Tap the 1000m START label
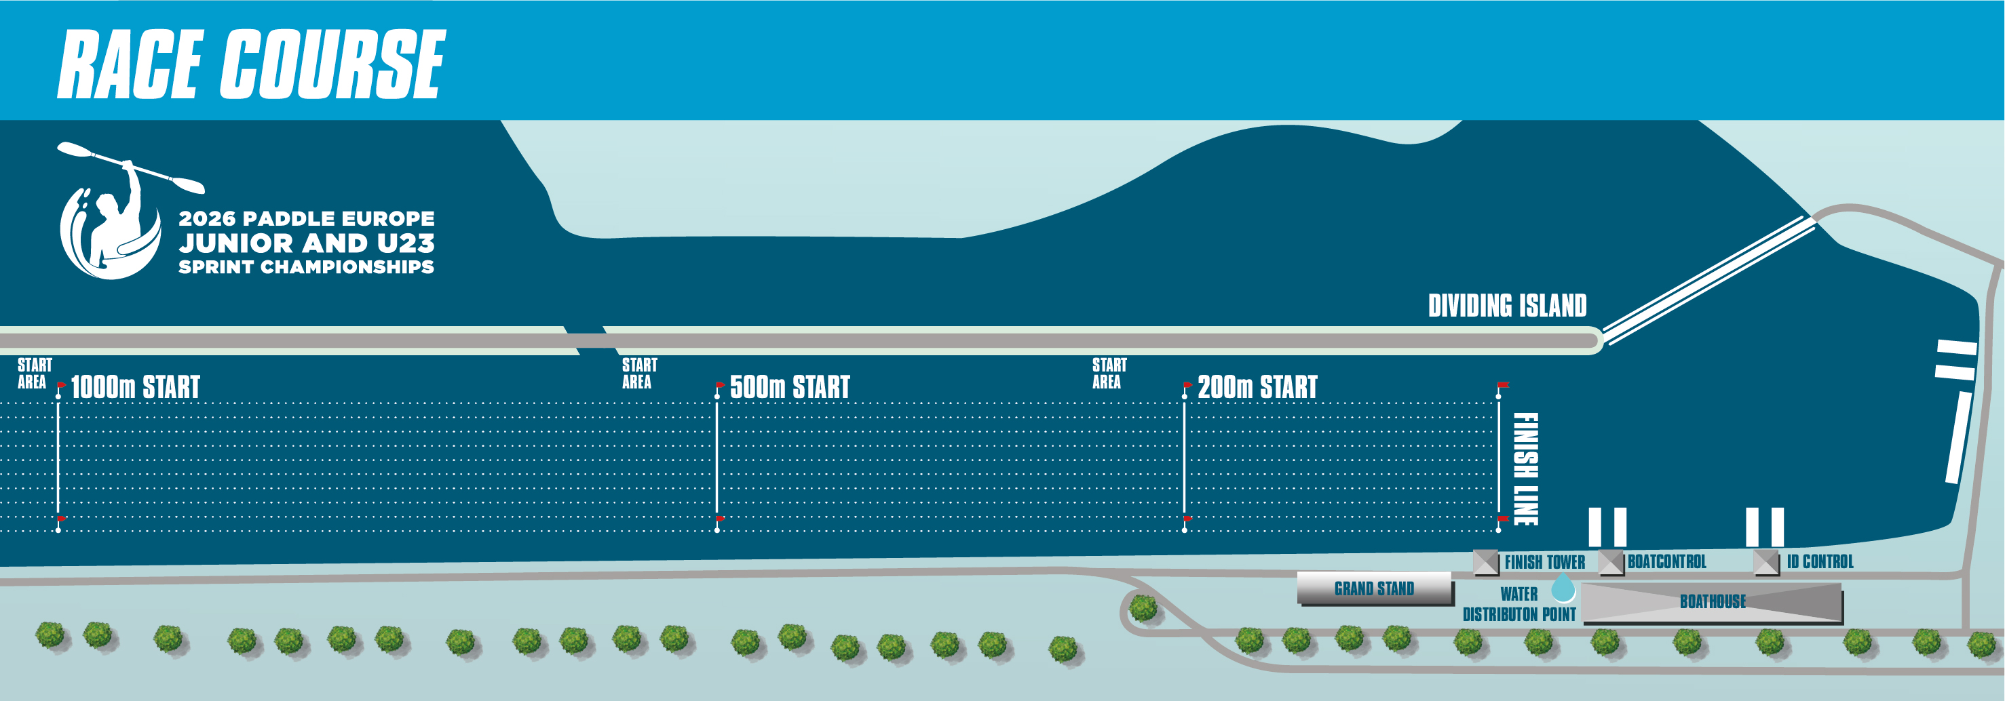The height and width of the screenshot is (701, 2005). pos(136,386)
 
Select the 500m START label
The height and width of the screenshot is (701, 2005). pos(789,386)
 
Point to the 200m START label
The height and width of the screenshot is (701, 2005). pos(1257,386)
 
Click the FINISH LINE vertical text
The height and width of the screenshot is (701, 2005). pos(1525,469)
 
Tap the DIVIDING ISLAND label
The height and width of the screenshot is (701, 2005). pos(1507,306)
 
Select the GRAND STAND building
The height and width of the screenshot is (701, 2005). pos(1375,588)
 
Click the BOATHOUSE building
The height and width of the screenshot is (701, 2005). pos(1713,602)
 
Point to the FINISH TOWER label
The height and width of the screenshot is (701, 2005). pos(1544,562)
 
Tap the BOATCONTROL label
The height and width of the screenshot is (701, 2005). pos(1666,562)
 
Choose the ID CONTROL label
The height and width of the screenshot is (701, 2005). pos(1820,562)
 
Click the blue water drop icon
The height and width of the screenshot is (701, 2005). pos(1563,589)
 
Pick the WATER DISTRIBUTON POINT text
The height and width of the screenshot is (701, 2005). pos(1519,605)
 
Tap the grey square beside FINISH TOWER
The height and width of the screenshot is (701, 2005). pos(1486,563)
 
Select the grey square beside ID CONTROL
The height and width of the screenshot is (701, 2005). pos(1767,563)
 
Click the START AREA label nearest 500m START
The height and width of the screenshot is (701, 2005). pos(639,374)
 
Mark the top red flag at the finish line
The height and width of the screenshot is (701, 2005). pos(1504,384)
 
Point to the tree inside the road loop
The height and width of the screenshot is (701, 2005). pos(1143,608)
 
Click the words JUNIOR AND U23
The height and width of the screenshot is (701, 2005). pos(307,243)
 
